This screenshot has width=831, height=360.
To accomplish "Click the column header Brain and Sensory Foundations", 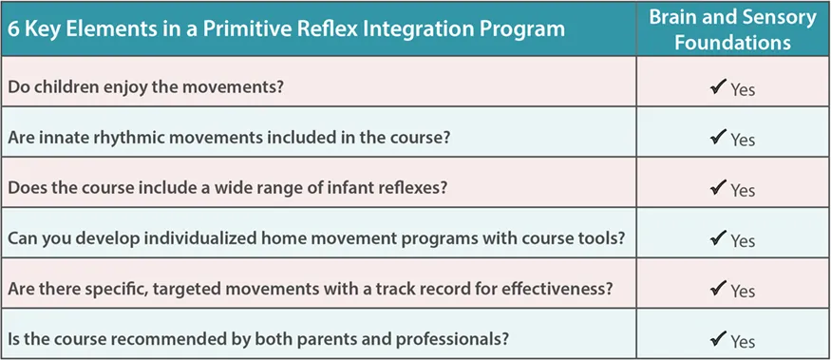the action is [733, 29].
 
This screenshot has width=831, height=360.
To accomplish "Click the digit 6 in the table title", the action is [12, 29].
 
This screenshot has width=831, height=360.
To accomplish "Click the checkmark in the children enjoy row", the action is [718, 87].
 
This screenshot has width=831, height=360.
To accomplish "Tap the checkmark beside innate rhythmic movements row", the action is [718, 138].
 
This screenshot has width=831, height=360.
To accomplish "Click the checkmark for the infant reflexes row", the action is [718, 188].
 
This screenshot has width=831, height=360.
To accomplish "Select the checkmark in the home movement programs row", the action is [718, 238].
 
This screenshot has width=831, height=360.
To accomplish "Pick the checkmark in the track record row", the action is [718, 289].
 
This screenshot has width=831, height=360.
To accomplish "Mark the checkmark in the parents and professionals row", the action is [718, 339].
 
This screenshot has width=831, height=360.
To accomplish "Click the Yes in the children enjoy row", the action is [743, 89].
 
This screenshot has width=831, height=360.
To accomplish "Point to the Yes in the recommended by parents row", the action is [743, 341].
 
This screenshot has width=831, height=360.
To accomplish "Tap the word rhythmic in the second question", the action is [140, 138].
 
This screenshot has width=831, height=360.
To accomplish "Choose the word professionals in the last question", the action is [454, 339].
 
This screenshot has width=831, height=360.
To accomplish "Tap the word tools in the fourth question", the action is [602, 238].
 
